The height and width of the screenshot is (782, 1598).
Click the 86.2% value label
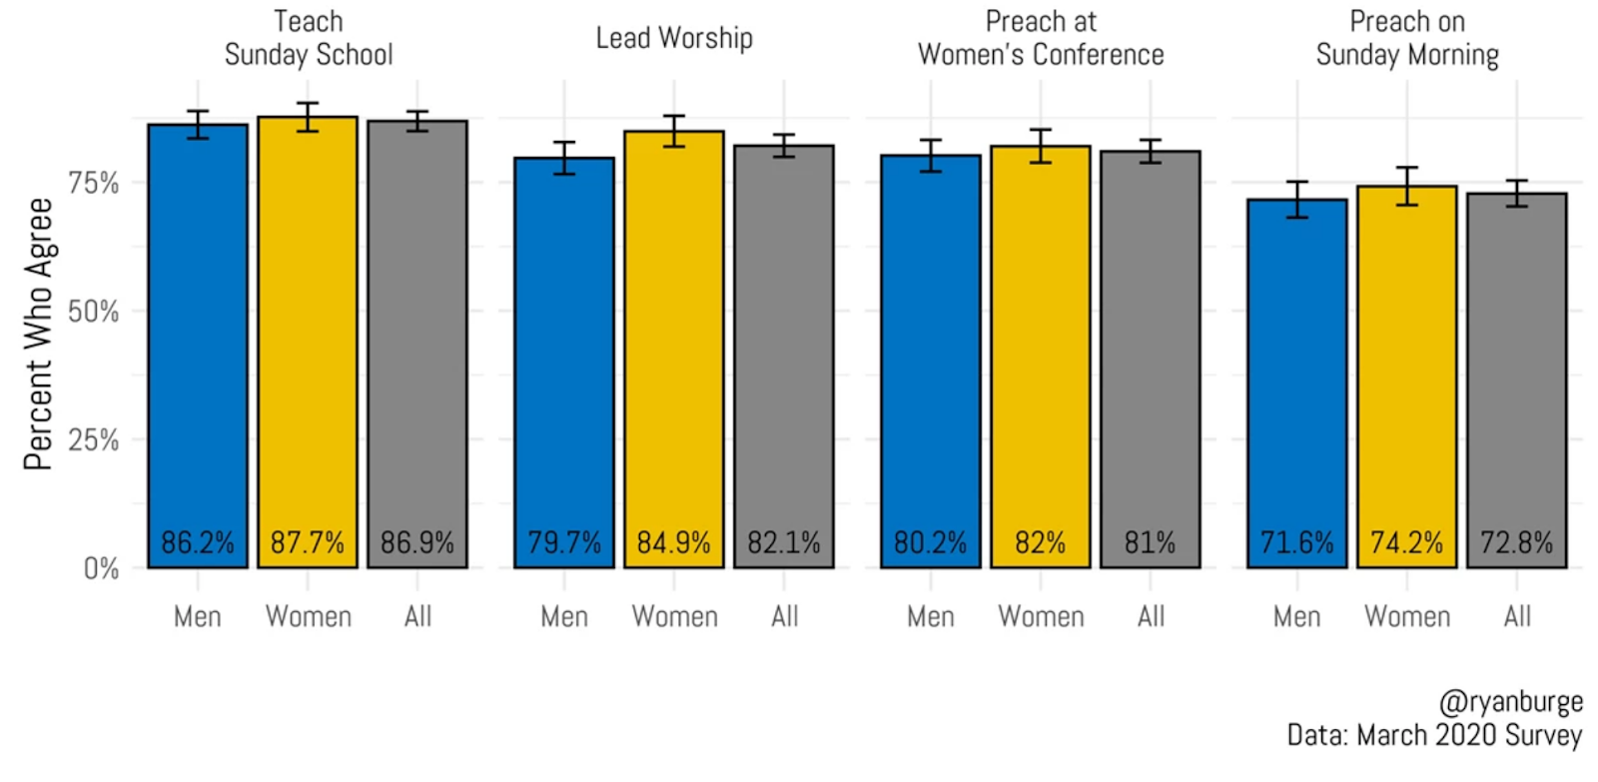click(198, 543)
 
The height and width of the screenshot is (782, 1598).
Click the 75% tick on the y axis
click(93, 184)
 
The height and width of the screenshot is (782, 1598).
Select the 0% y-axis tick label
click(101, 569)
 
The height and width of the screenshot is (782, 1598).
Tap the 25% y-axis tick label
click(93, 440)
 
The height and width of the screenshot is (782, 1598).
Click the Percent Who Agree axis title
click(38, 334)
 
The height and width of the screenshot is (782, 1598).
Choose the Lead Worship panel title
click(674, 38)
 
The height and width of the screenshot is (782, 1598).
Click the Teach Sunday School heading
click(309, 38)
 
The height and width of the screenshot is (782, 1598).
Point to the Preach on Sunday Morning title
click(1407, 38)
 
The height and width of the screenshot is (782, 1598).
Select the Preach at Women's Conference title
click(1041, 38)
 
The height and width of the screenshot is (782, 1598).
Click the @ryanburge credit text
click(1510, 702)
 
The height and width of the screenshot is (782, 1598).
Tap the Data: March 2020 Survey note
click(1434, 736)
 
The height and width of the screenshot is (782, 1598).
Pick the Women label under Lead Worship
click(674, 617)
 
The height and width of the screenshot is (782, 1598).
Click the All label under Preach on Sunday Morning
click(1517, 617)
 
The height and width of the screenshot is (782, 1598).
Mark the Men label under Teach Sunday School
click(198, 617)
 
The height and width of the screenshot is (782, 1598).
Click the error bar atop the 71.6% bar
click(1297, 200)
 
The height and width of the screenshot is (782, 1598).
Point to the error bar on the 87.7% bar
click(308, 117)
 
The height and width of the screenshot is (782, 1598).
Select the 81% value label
click(1150, 543)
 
